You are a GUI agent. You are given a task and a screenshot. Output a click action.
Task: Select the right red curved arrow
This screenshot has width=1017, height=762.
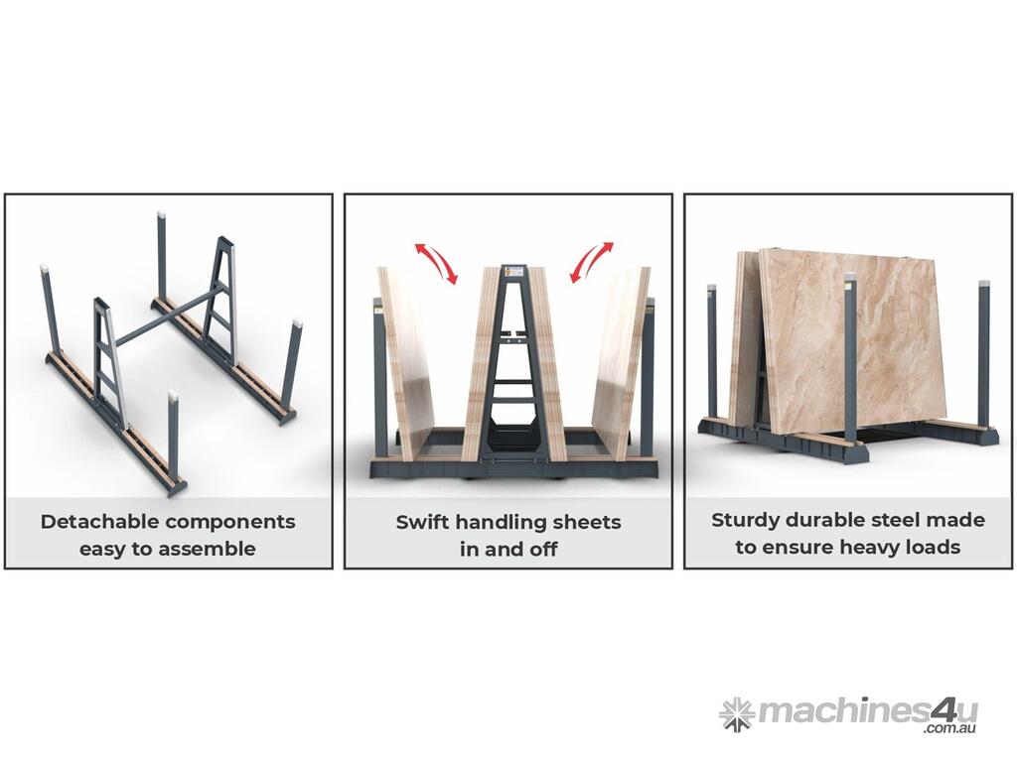tap(592, 262)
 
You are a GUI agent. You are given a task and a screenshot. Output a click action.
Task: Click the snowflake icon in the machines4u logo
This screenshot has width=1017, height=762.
tap(737, 714)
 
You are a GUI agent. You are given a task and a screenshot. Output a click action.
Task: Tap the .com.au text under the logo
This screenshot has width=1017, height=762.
tap(950, 728)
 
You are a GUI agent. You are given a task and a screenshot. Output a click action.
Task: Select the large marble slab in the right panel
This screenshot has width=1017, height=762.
tap(851, 341)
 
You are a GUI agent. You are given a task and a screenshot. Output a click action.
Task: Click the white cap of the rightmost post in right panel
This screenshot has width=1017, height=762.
tap(984, 284)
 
